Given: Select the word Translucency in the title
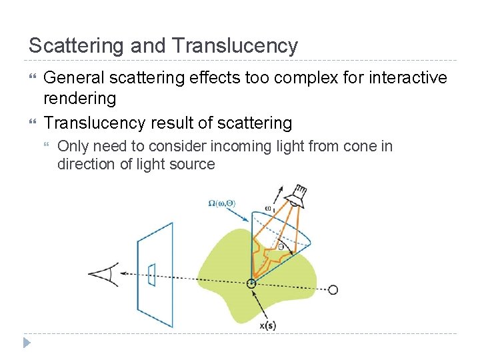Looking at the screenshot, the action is tap(234, 46).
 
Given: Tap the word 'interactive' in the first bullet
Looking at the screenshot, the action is tap(403, 78).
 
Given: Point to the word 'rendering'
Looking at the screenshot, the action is tap(79, 99).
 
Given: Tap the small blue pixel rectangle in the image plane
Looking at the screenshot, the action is tap(152, 274).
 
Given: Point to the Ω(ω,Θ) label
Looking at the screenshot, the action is tap(221, 203).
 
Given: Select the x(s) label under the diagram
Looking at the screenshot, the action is tap(267, 325).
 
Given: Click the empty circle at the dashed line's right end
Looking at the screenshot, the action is tap(333, 289).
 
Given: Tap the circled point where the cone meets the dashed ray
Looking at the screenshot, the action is tap(251, 283).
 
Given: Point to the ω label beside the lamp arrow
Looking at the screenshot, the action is tap(269, 208).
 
